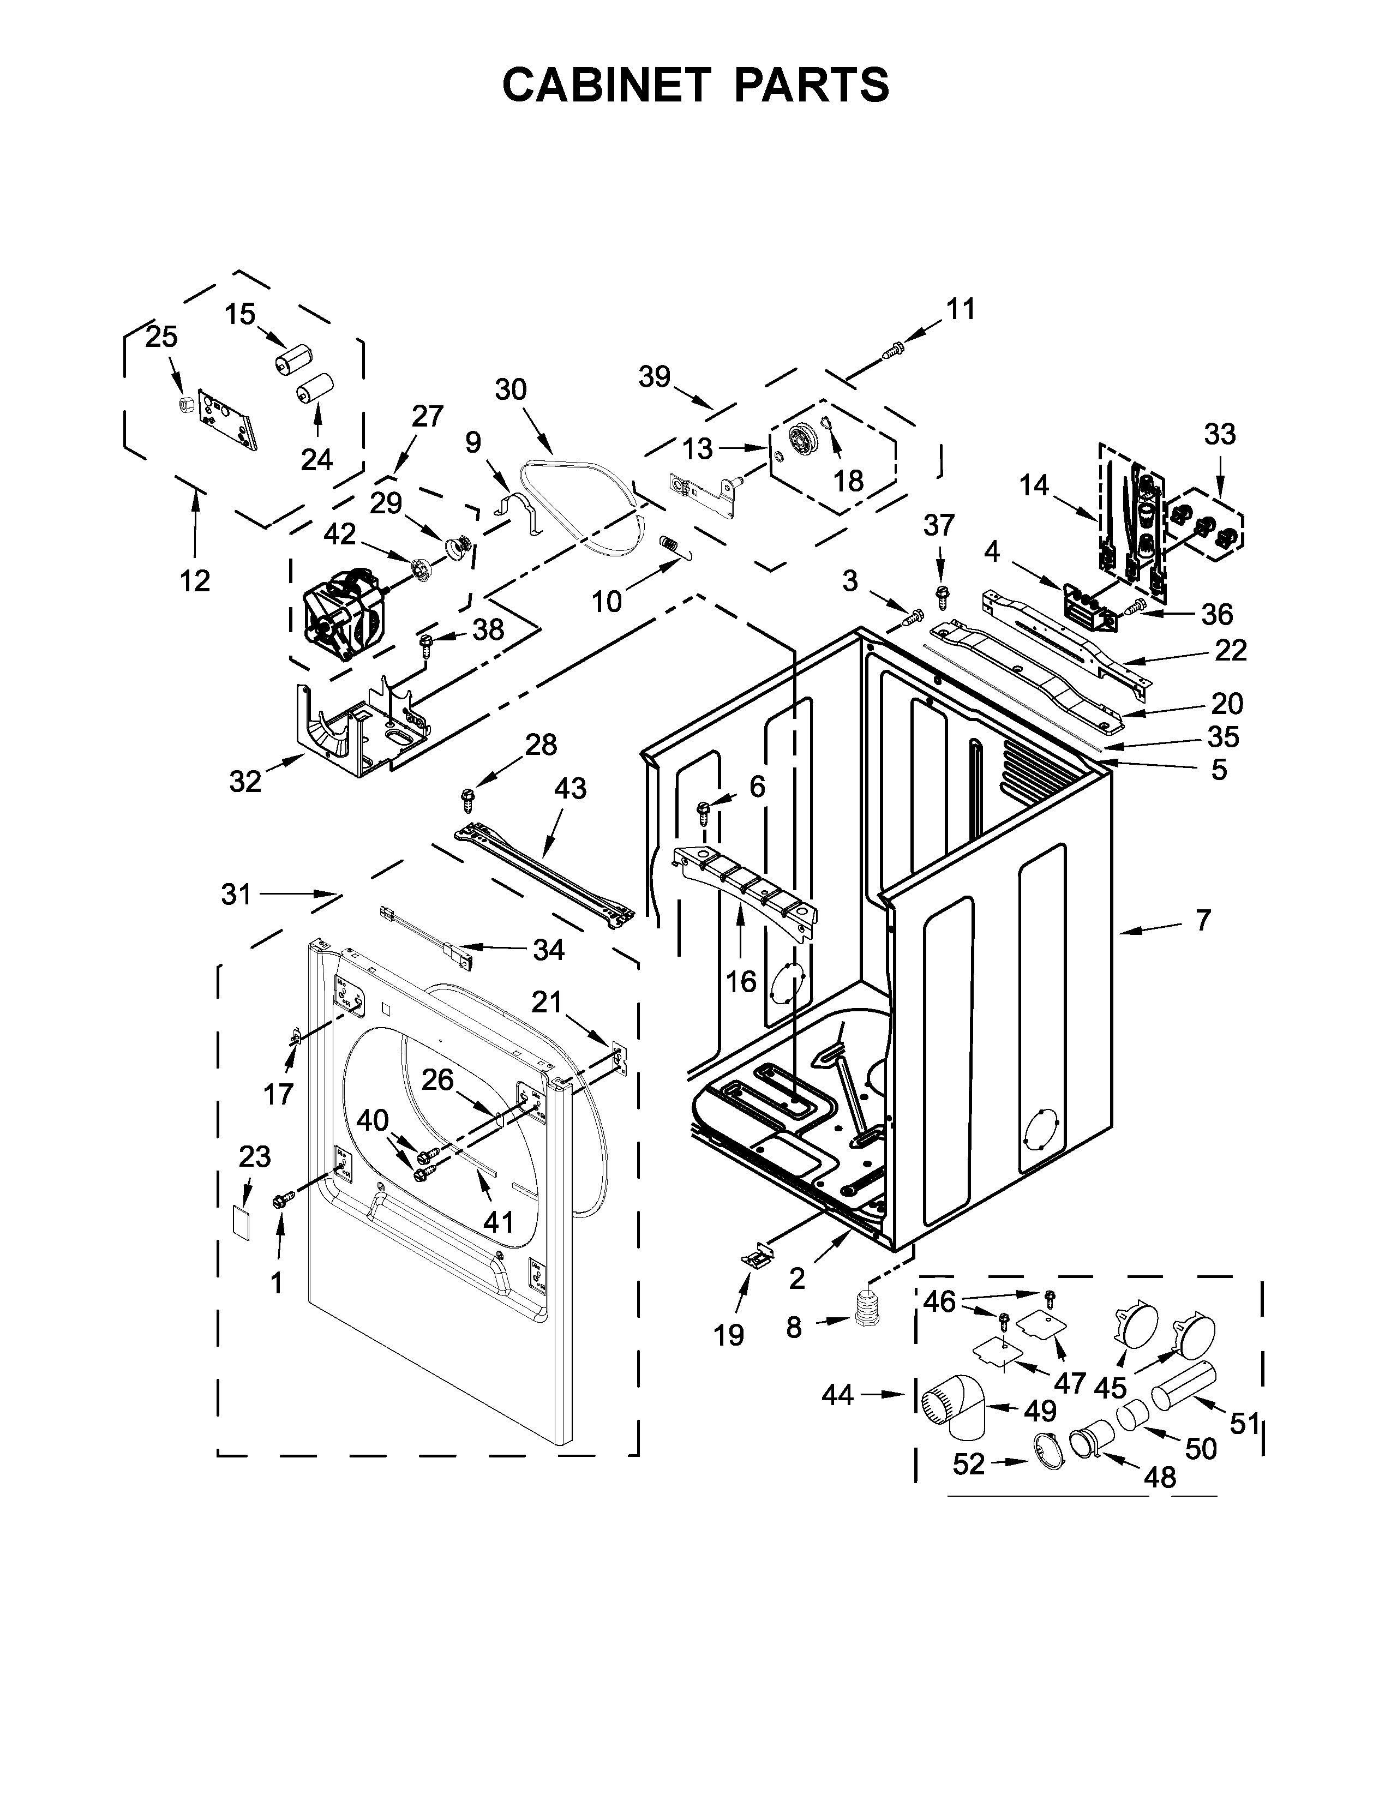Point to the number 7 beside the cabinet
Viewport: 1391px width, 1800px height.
point(1203,919)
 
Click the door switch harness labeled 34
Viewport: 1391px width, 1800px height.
point(424,935)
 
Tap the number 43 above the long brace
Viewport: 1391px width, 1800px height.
point(569,788)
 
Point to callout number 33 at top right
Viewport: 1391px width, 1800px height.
point(1220,434)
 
